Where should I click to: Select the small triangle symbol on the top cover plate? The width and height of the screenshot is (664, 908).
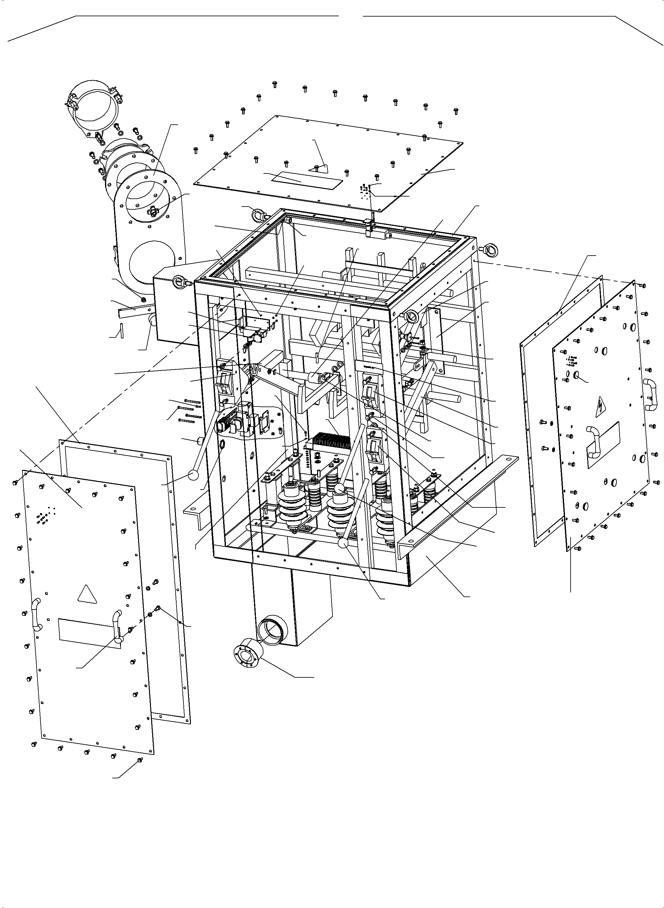tap(318, 168)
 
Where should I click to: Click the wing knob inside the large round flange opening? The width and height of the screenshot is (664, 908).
tap(153, 210)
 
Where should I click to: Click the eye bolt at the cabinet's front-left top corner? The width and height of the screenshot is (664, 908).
tap(178, 282)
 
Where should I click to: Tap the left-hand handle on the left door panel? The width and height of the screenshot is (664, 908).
tap(37, 615)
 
